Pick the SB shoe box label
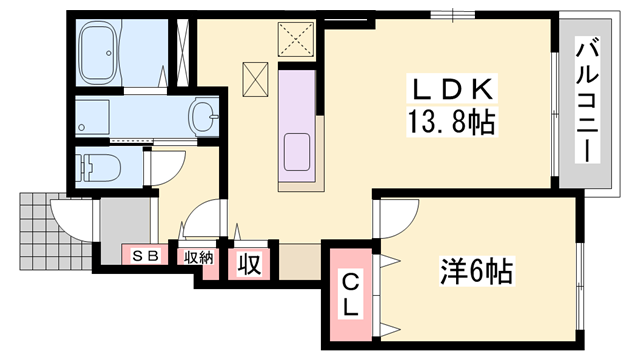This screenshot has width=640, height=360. pos(145,256)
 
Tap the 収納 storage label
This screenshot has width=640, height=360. pos(197,256)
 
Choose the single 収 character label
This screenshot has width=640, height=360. pos(248,264)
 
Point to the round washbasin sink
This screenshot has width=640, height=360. pos(204,114)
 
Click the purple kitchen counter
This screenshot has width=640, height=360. pos(300,125)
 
